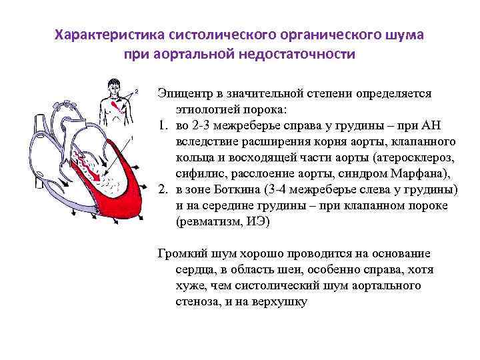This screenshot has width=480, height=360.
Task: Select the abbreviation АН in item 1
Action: tap(447, 127)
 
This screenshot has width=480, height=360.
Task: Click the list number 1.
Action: tap(162, 127)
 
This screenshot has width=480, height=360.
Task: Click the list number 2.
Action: tap(162, 190)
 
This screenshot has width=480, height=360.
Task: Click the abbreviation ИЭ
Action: tap(255, 222)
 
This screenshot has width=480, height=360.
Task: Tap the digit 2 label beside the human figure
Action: tap(137, 90)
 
